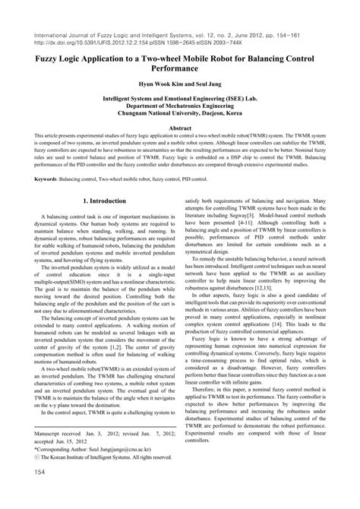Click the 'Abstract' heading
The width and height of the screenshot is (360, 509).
(x=180, y=129)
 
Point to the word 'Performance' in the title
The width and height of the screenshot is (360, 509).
(x=180, y=67)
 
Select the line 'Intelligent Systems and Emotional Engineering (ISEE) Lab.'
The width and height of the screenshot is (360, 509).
(x=180, y=99)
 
